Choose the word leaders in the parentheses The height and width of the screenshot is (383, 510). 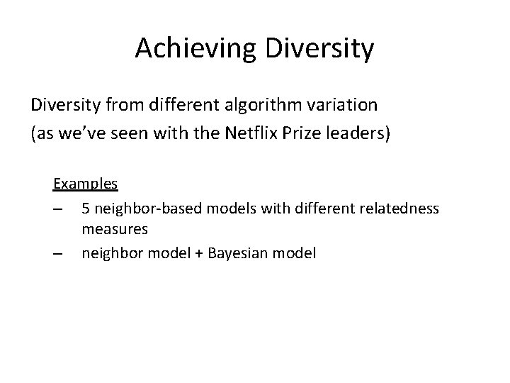[362, 133]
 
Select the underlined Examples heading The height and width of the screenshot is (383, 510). [86, 184]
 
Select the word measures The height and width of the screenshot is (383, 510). [115, 230]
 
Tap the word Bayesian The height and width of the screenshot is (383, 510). [243, 253]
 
